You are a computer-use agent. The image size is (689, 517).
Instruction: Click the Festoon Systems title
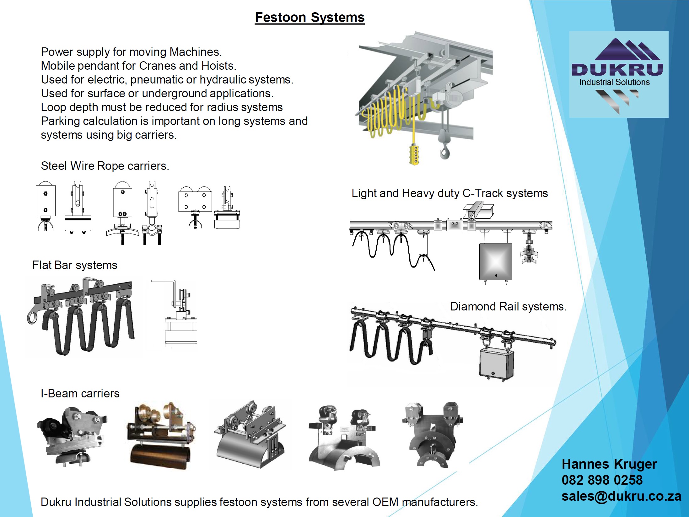[x=310, y=17]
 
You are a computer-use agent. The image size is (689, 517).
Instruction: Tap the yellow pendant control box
[x=415, y=154]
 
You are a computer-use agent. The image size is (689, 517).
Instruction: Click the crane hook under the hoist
[x=445, y=152]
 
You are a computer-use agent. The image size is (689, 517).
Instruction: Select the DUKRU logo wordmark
[x=617, y=69]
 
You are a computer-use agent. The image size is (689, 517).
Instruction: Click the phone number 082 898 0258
[x=602, y=480]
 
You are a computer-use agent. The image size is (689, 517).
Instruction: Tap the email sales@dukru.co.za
[x=621, y=496]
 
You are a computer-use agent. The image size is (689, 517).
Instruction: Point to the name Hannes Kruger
[x=609, y=464]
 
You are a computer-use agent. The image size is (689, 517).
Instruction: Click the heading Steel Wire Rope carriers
[x=105, y=166]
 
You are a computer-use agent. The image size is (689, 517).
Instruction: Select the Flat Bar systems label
[x=75, y=265]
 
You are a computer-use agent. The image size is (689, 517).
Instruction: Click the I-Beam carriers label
[x=80, y=393]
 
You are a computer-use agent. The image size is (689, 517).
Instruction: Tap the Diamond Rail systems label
[x=508, y=306]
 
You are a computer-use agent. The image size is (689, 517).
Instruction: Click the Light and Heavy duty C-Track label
[x=449, y=193]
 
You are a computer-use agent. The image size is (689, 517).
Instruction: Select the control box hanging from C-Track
[x=496, y=261]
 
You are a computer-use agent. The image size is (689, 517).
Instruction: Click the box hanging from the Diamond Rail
[x=496, y=364]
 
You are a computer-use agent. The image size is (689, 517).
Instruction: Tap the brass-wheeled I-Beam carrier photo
[x=161, y=435]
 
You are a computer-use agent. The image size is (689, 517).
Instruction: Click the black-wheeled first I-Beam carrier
[x=72, y=435]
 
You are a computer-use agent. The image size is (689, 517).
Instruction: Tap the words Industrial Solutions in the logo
[x=614, y=82]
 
